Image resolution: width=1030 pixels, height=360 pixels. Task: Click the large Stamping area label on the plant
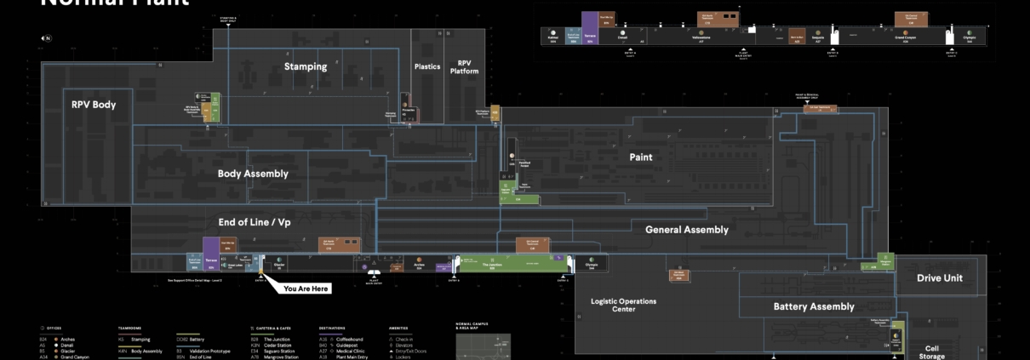[x=305, y=66]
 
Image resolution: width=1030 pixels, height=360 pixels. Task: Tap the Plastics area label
[x=426, y=66]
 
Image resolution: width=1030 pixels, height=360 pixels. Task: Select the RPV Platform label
[x=464, y=66]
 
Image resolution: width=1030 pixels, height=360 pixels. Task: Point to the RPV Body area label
[x=94, y=105]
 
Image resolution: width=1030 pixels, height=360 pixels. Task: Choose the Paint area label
[x=640, y=157]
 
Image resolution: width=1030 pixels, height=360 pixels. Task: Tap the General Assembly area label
[x=686, y=229]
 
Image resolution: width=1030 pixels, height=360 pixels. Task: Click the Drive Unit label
[x=940, y=277]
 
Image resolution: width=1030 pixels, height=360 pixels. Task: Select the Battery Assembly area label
[x=813, y=306]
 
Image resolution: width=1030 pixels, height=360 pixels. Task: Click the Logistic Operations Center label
[x=624, y=305]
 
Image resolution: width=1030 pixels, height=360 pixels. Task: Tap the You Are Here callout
[x=306, y=289]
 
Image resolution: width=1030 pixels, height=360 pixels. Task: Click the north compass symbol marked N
[x=46, y=38]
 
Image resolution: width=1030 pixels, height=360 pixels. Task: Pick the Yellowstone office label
[x=701, y=38]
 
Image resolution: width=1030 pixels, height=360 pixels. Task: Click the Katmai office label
[x=552, y=38]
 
